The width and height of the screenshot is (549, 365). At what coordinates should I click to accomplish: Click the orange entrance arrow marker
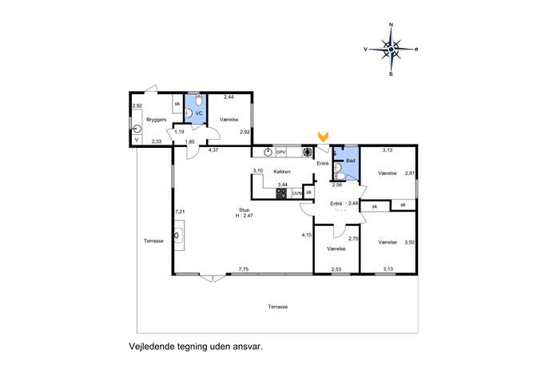(x=323, y=137)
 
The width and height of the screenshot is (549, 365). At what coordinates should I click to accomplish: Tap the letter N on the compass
(x=391, y=25)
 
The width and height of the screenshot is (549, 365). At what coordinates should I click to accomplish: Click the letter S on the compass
(x=391, y=73)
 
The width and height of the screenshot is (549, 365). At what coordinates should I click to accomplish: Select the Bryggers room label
(x=156, y=120)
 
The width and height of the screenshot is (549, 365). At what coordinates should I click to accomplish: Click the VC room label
(x=199, y=113)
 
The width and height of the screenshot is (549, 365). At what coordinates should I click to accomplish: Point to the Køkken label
(x=282, y=172)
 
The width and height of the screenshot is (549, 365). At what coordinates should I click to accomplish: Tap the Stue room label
(x=244, y=210)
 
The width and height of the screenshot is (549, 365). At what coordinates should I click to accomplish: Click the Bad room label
(x=351, y=161)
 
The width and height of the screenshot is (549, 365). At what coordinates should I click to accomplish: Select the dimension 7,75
(x=244, y=269)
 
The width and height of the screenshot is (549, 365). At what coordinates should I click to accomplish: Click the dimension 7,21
(x=180, y=212)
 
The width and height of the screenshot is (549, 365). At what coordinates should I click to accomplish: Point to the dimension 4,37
(x=213, y=150)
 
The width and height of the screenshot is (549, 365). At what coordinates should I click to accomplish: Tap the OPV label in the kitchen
(x=281, y=153)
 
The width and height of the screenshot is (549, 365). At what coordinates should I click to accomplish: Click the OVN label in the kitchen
(x=296, y=193)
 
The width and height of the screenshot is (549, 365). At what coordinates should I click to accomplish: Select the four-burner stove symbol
(x=281, y=193)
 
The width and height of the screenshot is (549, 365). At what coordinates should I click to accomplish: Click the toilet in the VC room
(x=199, y=100)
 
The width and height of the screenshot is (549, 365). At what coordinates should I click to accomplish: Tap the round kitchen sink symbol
(x=268, y=153)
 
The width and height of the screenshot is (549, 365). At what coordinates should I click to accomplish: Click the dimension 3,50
(x=409, y=242)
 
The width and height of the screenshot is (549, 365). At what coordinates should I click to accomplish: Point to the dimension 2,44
(x=229, y=97)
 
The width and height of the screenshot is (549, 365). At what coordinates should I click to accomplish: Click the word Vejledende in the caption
(x=151, y=347)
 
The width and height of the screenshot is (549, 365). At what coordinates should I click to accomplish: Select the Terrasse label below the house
(x=277, y=307)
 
